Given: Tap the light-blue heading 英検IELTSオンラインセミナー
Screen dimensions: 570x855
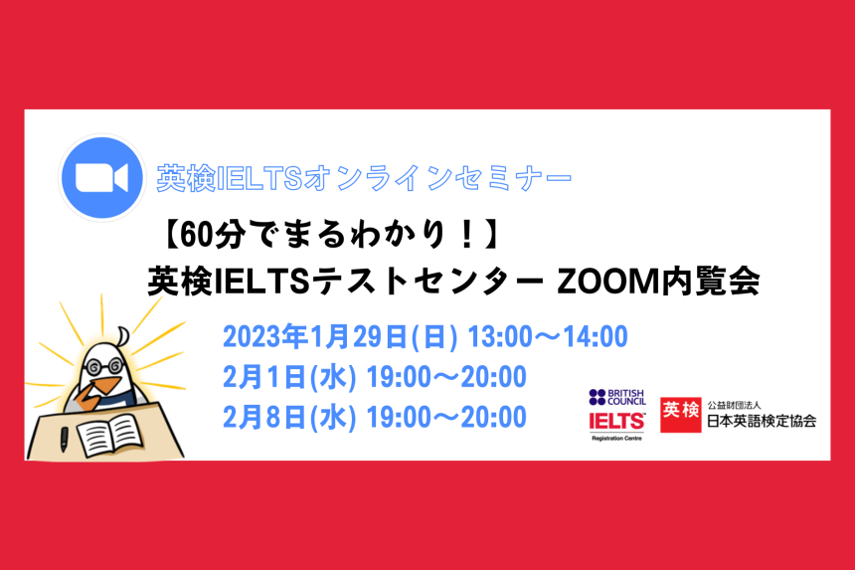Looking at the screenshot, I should coord(364,179).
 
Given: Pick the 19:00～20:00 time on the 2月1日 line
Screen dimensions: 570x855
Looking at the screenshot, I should coord(446,377).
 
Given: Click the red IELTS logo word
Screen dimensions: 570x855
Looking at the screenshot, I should coord(616,420).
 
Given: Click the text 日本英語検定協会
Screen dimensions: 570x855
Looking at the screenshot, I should coord(762,420).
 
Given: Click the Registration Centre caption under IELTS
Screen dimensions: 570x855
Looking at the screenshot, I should coord(616,437).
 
